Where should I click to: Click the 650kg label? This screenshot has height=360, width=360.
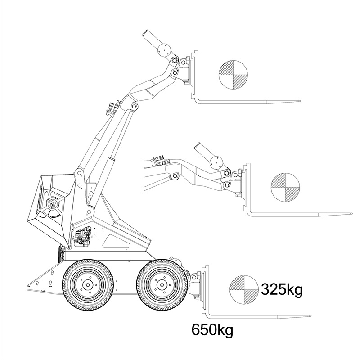212,330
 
